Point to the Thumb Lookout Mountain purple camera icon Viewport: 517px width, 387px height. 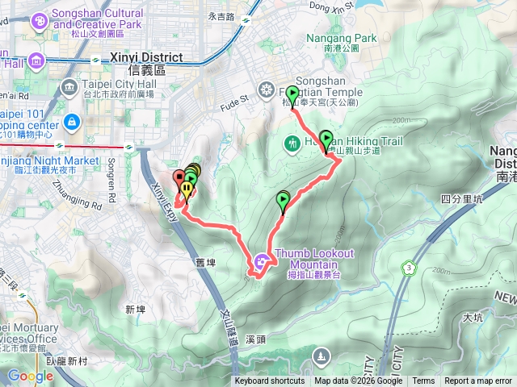(261, 260)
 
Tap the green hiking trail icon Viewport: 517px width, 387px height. (291, 144)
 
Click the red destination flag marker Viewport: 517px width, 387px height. (179, 177)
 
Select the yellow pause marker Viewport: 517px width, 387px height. (187, 190)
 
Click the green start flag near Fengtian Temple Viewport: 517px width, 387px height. (292, 92)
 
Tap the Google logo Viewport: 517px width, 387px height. (30, 376)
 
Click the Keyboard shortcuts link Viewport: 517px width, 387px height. (270, 381)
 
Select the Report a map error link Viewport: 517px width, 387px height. (478, 381)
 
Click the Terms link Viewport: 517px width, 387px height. (423, 381)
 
